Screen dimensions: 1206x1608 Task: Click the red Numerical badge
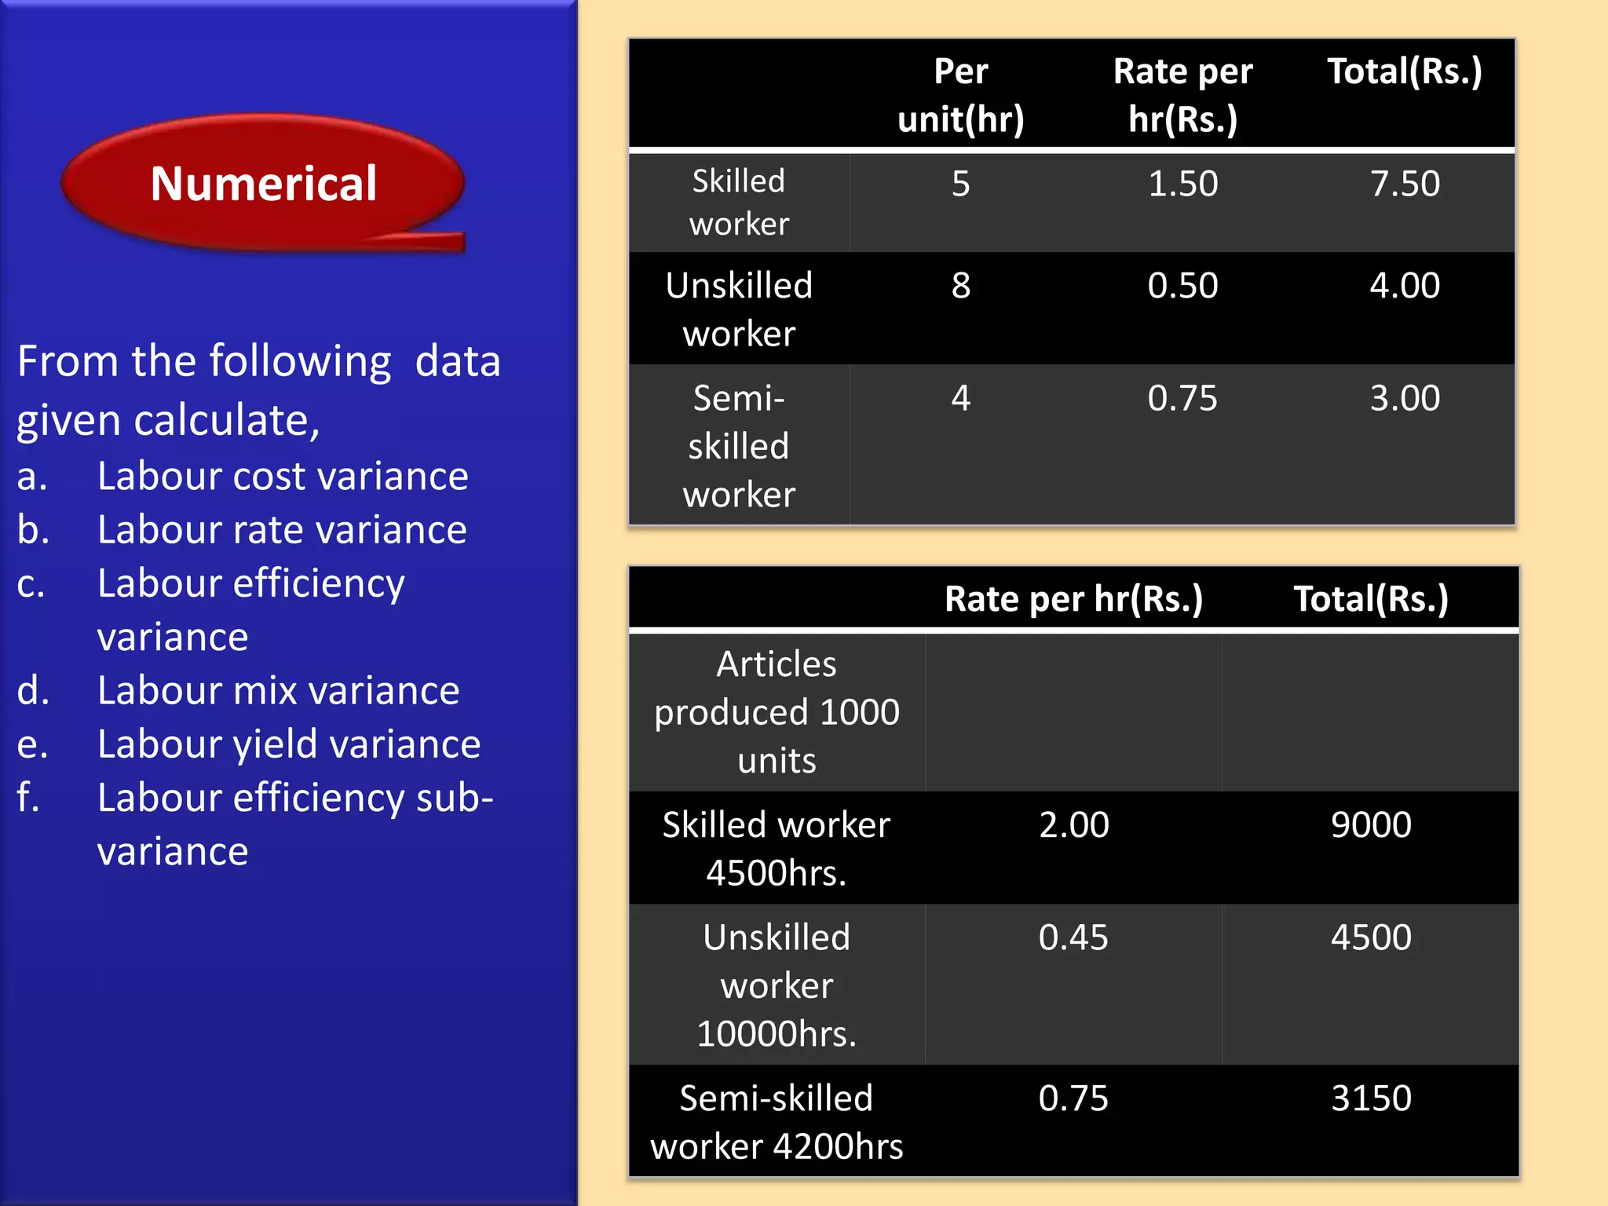(x=263, y=183)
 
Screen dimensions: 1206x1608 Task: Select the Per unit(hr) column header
(x=960, y=95)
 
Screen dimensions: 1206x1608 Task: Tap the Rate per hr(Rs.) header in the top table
(x=1182, y=95)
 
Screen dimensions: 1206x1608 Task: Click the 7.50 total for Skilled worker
(x=1405, y=184)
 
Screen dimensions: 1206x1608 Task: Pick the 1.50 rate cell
(x=1182, y=184)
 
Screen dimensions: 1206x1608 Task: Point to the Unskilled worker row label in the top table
(x=739, y=309)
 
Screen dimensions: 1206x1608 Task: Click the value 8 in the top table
(x=960, y=286)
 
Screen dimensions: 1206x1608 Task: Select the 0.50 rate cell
(x=1182, y=286)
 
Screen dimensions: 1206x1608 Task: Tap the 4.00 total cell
(x=1405, y=286)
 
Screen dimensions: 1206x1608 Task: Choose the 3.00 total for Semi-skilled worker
(x=1405, y=398)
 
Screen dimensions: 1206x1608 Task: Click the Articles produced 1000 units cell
(x=777, y=712)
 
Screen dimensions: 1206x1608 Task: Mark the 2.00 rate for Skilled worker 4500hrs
(x=1073, y=825)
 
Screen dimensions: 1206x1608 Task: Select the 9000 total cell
(x=1371, y=825)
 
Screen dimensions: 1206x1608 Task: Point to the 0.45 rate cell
(x=1073, y=937)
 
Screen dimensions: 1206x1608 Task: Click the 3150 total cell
(x=1371, y=1098)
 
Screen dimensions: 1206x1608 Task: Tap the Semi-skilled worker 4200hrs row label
(x=777, y=1122)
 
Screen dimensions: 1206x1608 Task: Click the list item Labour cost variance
(x=283, y=477)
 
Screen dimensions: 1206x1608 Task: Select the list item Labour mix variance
(x=278, y=691)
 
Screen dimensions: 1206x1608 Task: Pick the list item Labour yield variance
(x=289, y=744)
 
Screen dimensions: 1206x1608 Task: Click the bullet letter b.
(x=33, y=530)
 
